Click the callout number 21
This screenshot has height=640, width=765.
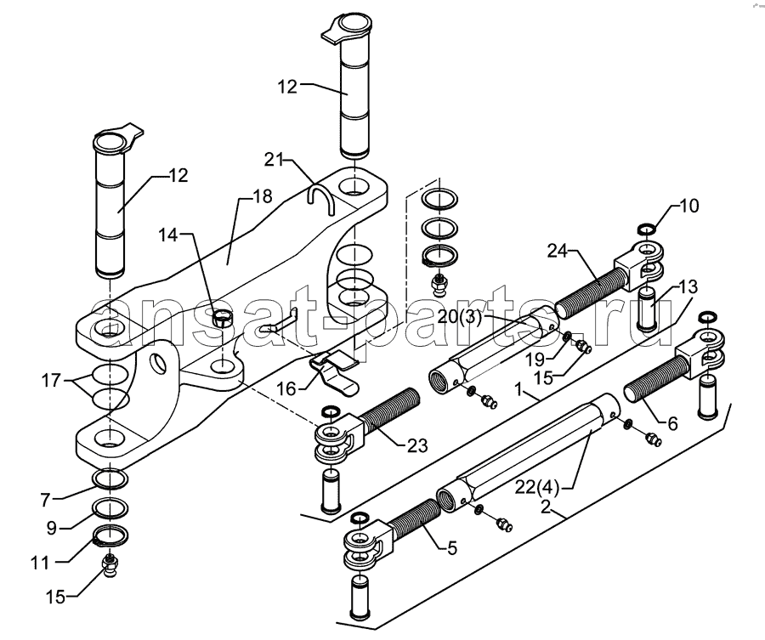(275, 159)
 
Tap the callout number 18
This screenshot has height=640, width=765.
(263, 196)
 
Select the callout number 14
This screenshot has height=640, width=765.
(168, 235)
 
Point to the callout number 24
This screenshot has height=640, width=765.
(557, 251)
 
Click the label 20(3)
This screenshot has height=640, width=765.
(459, 317)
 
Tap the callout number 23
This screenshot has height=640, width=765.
(417, 445)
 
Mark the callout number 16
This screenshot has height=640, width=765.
(286, 388)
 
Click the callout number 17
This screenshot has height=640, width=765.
(51, 380)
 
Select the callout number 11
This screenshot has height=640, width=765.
(40, 563)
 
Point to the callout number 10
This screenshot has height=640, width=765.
(688, 206)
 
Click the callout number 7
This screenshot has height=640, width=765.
(45, 500)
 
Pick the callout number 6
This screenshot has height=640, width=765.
(673, 424)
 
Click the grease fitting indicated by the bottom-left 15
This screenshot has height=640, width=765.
(110, 566)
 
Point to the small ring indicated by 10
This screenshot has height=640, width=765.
(647, 229)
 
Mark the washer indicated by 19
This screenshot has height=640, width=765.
(568, 337)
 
